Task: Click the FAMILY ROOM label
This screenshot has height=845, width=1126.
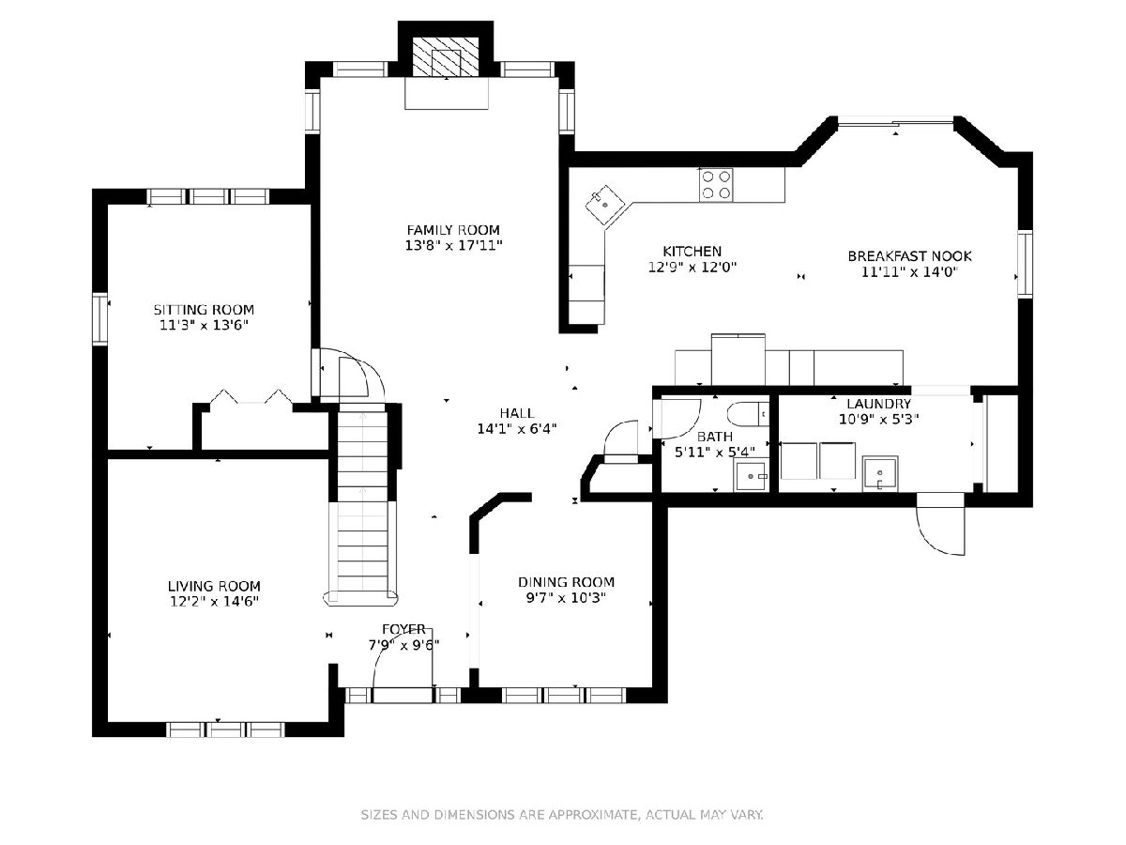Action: (453, 230)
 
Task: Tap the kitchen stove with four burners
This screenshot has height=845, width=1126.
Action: (716, 185)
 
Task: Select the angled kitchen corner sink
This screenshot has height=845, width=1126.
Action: (605, 204)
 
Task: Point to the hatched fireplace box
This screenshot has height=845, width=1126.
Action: (446, 56)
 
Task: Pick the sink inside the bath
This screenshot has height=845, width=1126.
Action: (751, 476)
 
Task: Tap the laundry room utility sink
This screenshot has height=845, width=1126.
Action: (880, 473)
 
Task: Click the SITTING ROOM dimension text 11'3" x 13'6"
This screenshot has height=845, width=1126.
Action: (204, 325)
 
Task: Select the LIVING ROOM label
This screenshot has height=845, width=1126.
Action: (214, 586)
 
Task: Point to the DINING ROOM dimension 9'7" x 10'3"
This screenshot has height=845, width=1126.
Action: (566, 598)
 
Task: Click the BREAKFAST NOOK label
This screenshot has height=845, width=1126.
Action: (909, 256)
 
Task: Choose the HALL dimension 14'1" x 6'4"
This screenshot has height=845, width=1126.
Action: (517, 428)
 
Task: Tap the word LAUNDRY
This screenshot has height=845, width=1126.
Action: (878, 404)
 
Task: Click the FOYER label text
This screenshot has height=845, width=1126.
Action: (403, 629)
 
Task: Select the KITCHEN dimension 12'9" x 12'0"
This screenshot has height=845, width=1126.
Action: (692, 268)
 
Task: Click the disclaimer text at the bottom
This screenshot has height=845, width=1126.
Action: (562, 814)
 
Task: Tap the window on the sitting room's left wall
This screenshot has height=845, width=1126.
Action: (100, 319)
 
